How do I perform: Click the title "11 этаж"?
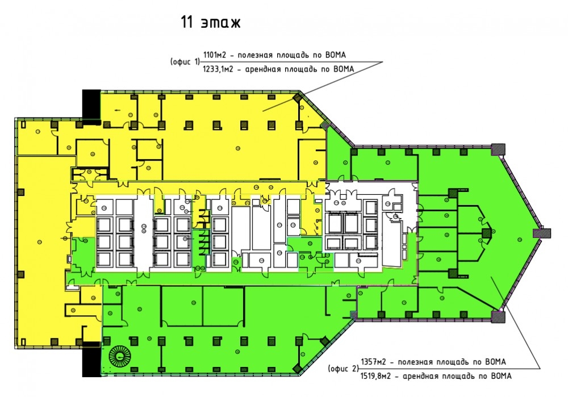click(211, 23)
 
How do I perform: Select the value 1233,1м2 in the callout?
click(218, 69)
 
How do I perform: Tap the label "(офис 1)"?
click(185, 62)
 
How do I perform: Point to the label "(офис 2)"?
click(343, 369)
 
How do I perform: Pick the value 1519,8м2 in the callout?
click(376, 376)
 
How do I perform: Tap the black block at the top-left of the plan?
click(91, 104)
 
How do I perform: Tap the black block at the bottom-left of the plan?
click(91, 359)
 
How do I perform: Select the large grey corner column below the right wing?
click(498, 316)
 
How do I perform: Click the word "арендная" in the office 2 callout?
click(419, 377)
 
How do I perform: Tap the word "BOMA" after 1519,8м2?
click(500, 376)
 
